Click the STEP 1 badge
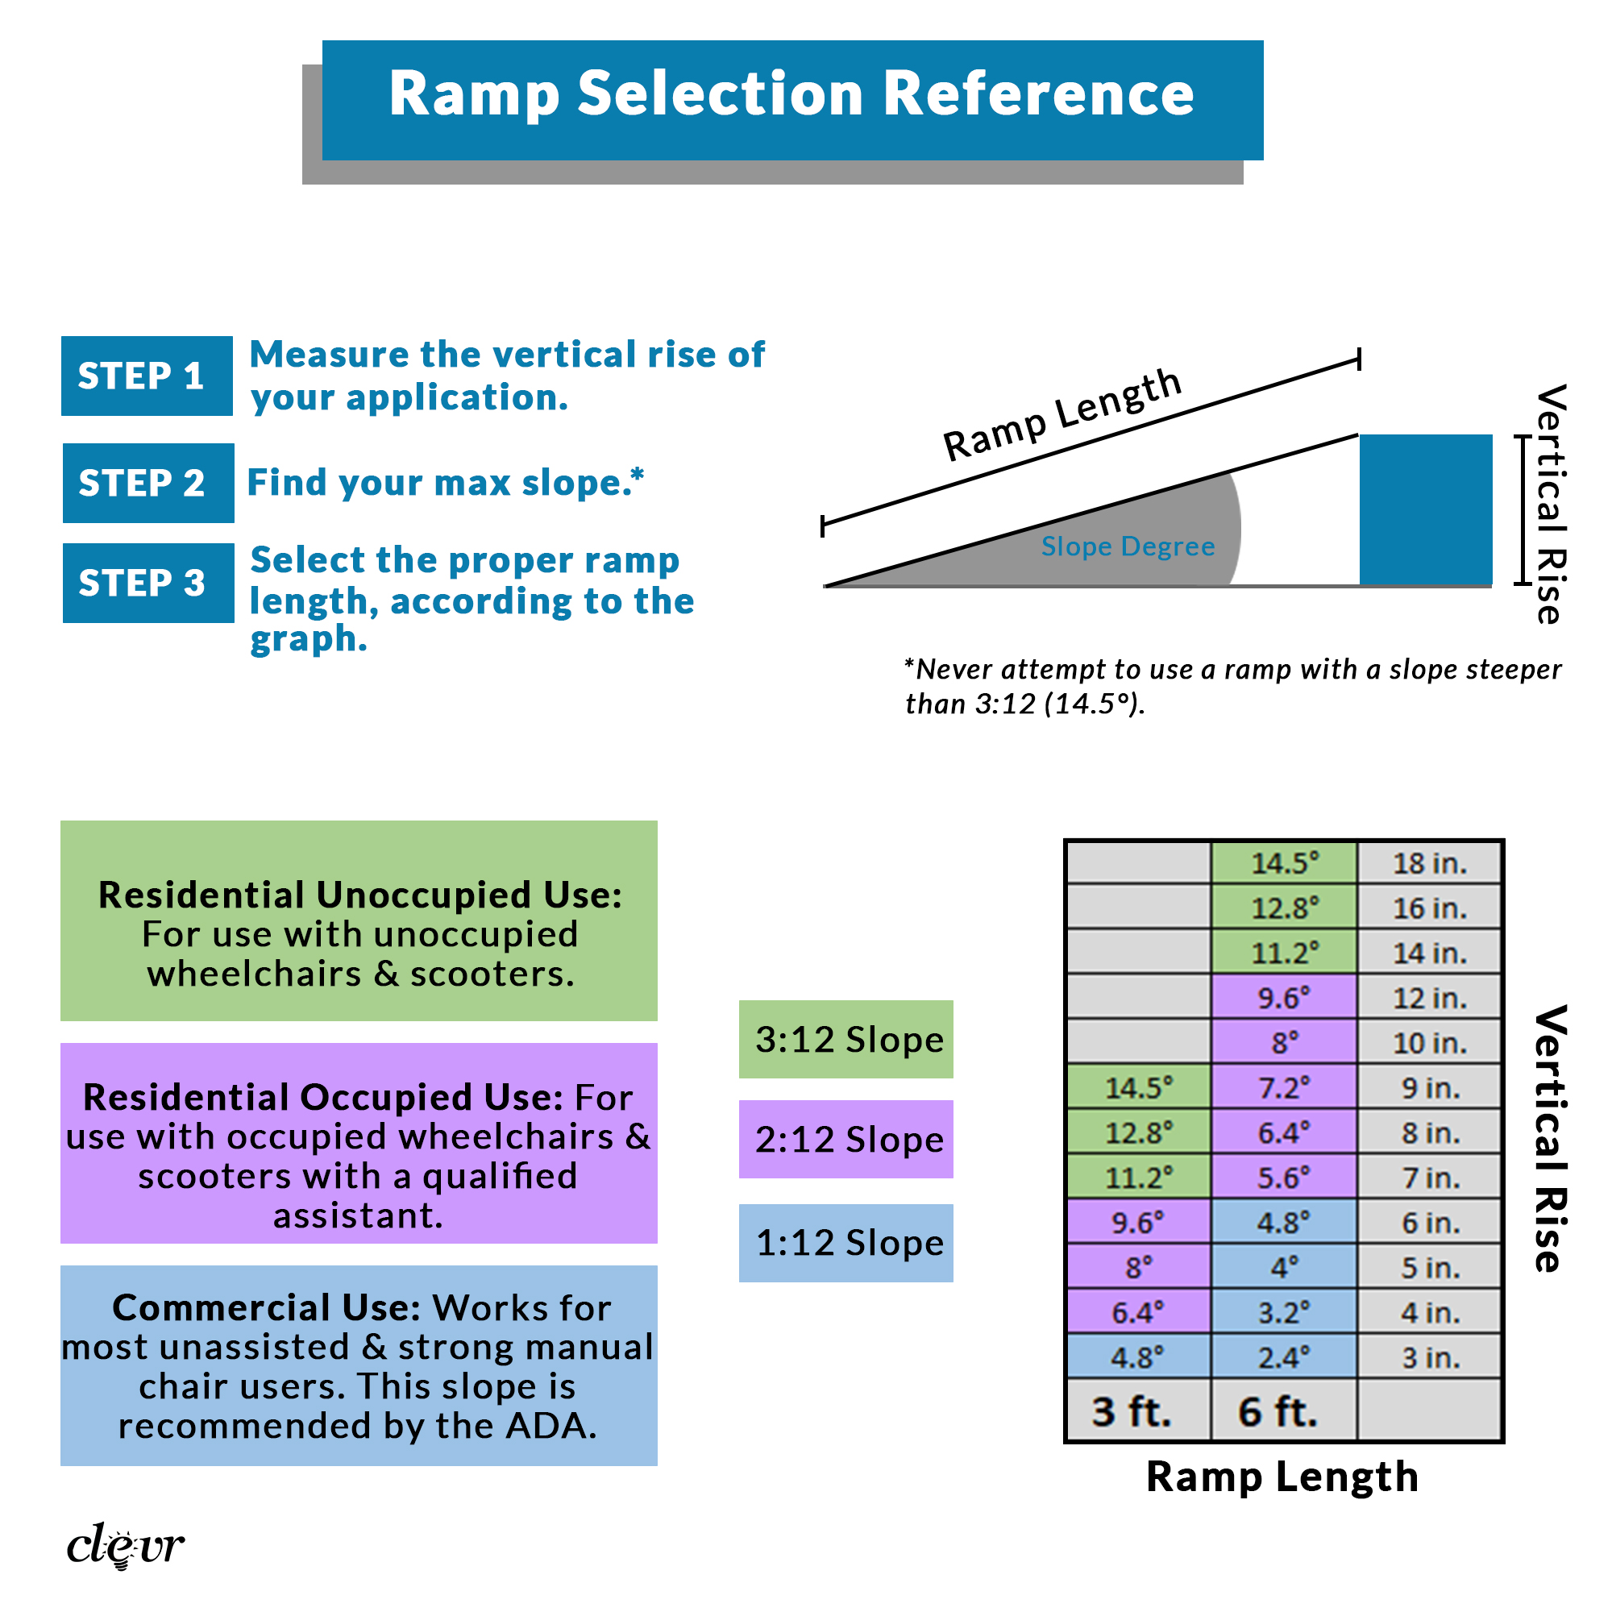[146, 376]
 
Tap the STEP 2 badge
[147, 483]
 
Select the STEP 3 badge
[147, 584]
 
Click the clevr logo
[125, 1546]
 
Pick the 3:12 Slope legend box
[846, 1040]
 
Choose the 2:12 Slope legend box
[846, 1140]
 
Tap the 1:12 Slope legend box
[846, 1243]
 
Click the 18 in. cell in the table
[1429, 863]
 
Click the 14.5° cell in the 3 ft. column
[1139, 1088]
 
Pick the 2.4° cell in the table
[1284, 1358]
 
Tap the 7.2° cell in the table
[1284, 1088]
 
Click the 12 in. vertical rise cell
[1429, 998]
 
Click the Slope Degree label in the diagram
[1128, 546]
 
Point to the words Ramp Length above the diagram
[1062, 414]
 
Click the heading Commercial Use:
[266, 1308]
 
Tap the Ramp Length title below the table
[1282, 1477]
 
